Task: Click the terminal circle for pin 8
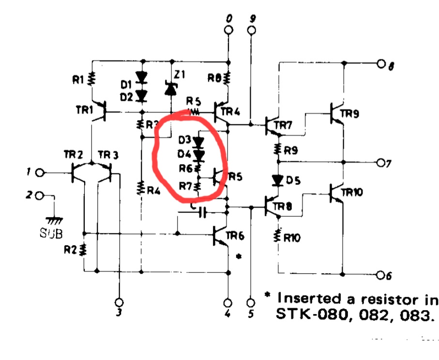[381, 63]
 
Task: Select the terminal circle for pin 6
[380, 276]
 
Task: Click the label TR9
[350, 114]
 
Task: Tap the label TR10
[353, 193]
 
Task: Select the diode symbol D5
[278, 180]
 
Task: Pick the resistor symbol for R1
[92, 78]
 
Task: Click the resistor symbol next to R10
[278, 236]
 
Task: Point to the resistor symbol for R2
[84, 249]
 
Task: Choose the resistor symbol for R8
[227, 78]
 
